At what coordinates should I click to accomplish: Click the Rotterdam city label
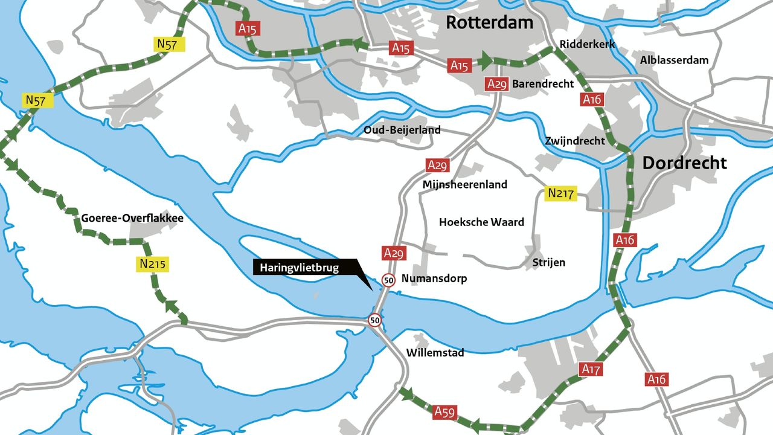[x=489, y=22]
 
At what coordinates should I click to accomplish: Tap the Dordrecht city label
[x=684, y=163]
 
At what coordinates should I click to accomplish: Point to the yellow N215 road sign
[x=153, y=264]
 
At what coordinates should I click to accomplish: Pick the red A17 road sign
[x=591, y=369]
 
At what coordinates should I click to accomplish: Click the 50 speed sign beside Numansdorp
[x=388, y=280]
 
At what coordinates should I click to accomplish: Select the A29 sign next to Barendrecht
[x=496, y=84]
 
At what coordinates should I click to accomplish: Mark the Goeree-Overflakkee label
[x=132, y=218]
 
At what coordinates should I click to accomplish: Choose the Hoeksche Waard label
[x=481, y=222]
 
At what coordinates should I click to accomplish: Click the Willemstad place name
[x=435, y=352]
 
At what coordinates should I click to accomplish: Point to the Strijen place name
[x=548, y=262]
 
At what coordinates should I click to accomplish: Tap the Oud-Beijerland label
[x=402, y=130]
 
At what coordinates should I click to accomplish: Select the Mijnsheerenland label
[x=465, y=184]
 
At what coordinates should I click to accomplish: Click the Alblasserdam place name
[x=674, y=60]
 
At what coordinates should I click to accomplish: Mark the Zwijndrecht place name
[x=574, y=141]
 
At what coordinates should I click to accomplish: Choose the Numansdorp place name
[x=434, y=279]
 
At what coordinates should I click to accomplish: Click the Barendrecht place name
[x=542, y=84]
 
